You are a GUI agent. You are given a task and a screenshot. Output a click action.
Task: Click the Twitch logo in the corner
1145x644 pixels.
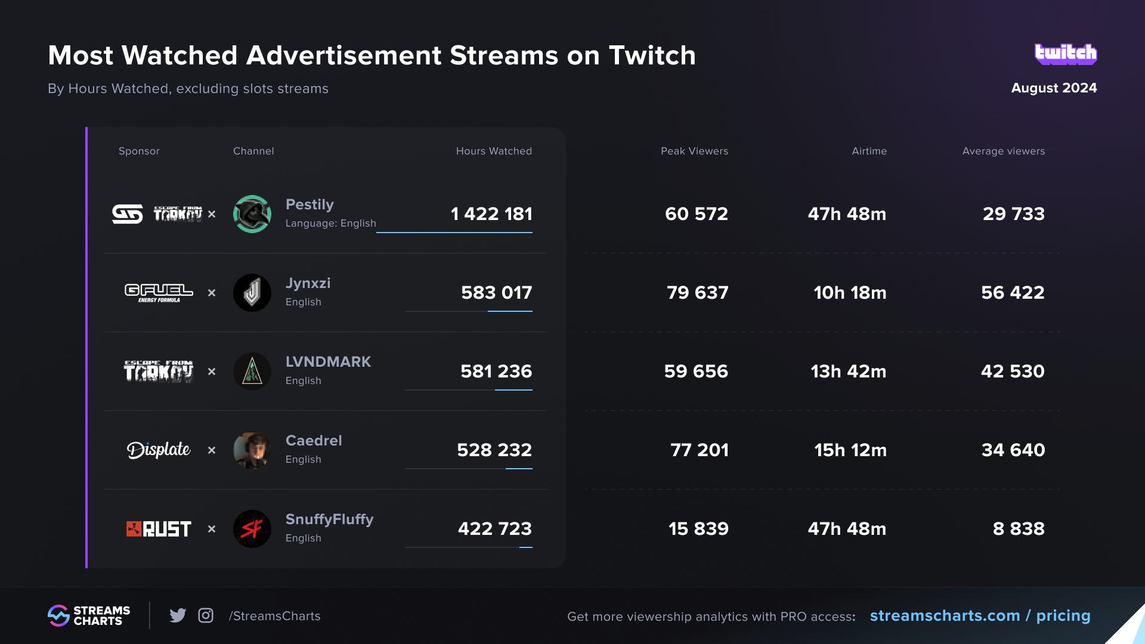click(x=1066, y=54)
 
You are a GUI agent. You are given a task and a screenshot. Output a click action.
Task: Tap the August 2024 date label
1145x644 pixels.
click(x=1054, y=88)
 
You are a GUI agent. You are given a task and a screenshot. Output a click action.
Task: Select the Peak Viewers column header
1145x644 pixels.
click(x=694, y=151)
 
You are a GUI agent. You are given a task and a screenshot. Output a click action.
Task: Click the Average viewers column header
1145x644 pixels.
click(x=1003, y=151)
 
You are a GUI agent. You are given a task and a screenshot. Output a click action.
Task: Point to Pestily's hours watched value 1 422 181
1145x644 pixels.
click(x=491, y=214)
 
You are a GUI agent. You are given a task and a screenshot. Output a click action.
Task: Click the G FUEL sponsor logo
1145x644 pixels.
click(x=159, y=292)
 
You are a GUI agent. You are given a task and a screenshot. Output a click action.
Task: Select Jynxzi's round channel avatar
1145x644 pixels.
click(x=252, y=293)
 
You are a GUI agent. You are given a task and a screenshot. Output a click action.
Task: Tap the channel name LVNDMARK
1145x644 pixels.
click(x=328, y=362)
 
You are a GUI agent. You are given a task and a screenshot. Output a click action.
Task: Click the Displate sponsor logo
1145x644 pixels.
click(x=159, y=450)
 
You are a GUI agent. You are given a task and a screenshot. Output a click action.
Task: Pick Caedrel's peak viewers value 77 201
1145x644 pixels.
click(x=699, y=450)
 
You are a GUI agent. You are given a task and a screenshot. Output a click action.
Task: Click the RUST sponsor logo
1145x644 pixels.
click(x=159, y=529)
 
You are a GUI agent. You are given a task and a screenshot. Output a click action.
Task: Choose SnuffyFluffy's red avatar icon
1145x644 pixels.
click(x=252, y=529)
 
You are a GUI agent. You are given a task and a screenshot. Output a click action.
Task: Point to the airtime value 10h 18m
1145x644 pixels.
click(x=850, y=293)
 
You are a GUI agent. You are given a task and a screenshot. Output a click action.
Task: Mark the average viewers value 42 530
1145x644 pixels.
click(x=1013, y=371)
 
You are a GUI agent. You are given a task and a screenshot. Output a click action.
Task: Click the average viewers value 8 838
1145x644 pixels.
click(x=1018, y=529)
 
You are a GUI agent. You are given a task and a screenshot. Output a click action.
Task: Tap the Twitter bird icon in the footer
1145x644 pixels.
click(x=178, y=615)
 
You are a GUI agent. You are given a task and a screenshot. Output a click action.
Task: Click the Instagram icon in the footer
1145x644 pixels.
click(x=206, y=615)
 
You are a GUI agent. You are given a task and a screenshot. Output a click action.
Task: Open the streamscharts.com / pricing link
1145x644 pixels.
click(x=980, y=616)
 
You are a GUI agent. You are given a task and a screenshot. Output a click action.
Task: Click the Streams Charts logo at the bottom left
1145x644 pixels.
click(x=89, y=615)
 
